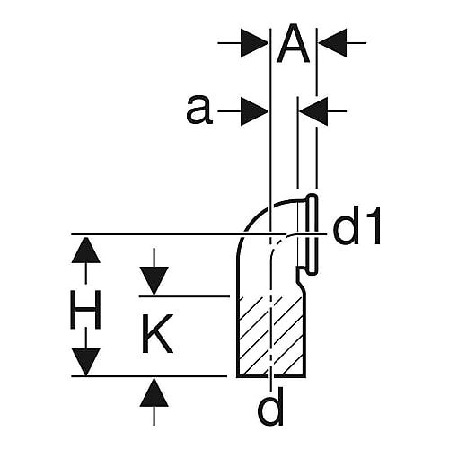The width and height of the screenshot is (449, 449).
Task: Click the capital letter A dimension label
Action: click(293, 44)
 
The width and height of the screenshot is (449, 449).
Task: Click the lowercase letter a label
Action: click(199, 110)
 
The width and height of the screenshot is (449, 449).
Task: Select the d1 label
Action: click(357, 224)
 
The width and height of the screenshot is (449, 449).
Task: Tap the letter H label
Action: click(85, 310)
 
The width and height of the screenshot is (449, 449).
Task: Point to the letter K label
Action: click(156, 333)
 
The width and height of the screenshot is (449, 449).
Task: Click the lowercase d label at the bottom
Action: click(270, 408)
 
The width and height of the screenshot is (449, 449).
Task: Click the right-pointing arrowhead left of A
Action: click(254, 43)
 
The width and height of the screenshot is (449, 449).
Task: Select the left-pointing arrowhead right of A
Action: click(332, 43)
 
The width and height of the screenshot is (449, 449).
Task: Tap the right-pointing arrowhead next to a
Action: click(254, 111)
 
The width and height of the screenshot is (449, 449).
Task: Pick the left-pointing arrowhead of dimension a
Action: click(313, 111)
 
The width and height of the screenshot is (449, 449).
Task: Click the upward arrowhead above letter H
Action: click(85, 251)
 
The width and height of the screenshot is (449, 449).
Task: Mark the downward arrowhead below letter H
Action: click(85, 362)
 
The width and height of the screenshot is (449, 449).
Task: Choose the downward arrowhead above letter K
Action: click(154, 281)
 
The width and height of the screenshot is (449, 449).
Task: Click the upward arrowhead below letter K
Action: click(154, 392)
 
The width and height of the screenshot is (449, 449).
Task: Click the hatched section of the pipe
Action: click(271, 336)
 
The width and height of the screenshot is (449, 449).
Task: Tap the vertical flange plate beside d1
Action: click(312, 233)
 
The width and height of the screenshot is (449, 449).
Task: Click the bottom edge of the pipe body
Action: click(271, 376)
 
